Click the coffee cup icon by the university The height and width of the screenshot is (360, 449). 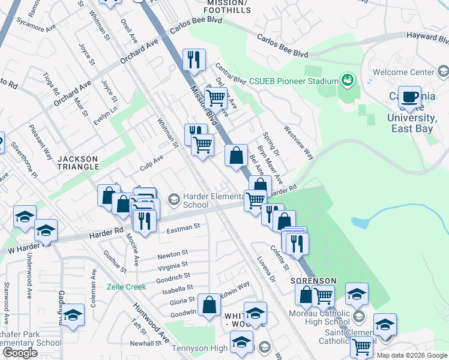click(x=410, y=97)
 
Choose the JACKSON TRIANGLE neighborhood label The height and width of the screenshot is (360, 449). click(x=77, y=162)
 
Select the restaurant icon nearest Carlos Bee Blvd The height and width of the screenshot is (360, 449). click(x=194, y=59)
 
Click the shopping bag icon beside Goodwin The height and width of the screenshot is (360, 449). click(x=209, y=304)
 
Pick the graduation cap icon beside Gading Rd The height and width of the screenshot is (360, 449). click(x=73, y=314)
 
